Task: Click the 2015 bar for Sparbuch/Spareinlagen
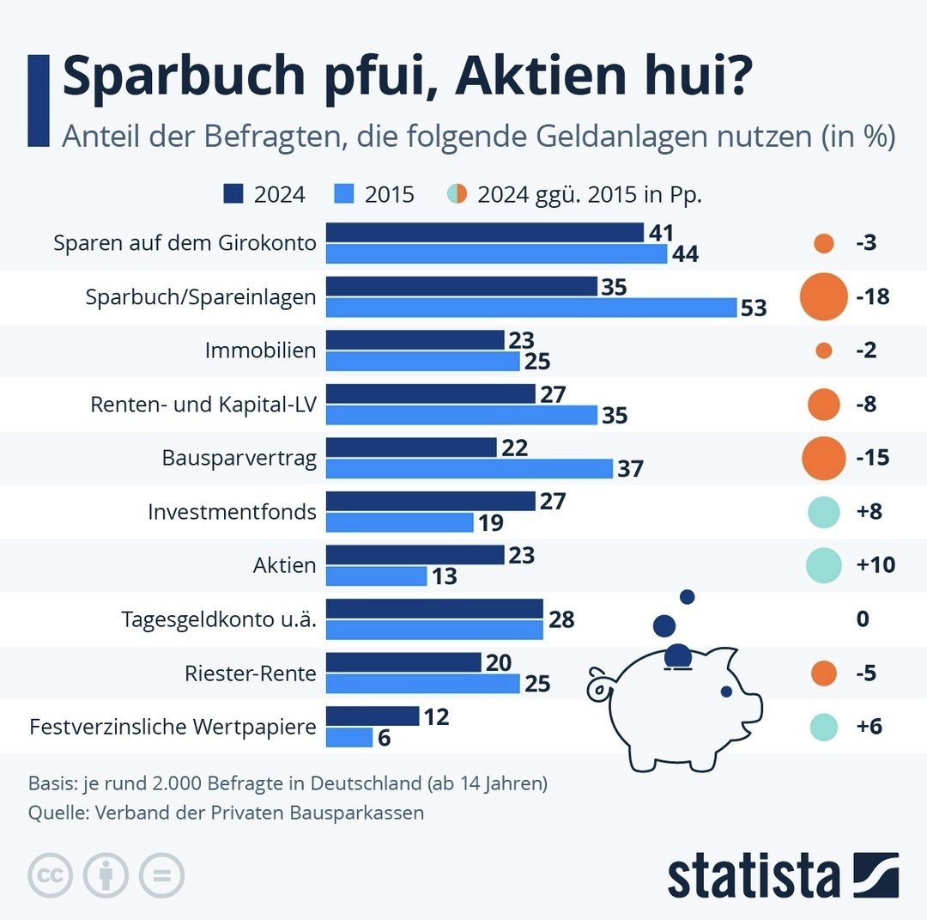click(531, 308)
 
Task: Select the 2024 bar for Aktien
click(415, 555)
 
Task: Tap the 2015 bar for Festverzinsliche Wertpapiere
click(349, 737)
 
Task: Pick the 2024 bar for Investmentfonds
click(431, 501)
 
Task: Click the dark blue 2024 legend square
click(233, 194)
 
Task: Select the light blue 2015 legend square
click(345, 194)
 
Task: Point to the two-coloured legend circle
click(457, 194)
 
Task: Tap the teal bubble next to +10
click(823, 564)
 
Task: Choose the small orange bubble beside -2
click(823, 350)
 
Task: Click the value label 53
click(754, 308)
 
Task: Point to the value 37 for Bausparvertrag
click(629, 469)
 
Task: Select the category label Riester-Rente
click(251, 673)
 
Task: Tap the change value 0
click(863, 618)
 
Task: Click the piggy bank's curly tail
click(598, 686)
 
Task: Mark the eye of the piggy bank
click(726, 691)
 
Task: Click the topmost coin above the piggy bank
click(687, 596)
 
